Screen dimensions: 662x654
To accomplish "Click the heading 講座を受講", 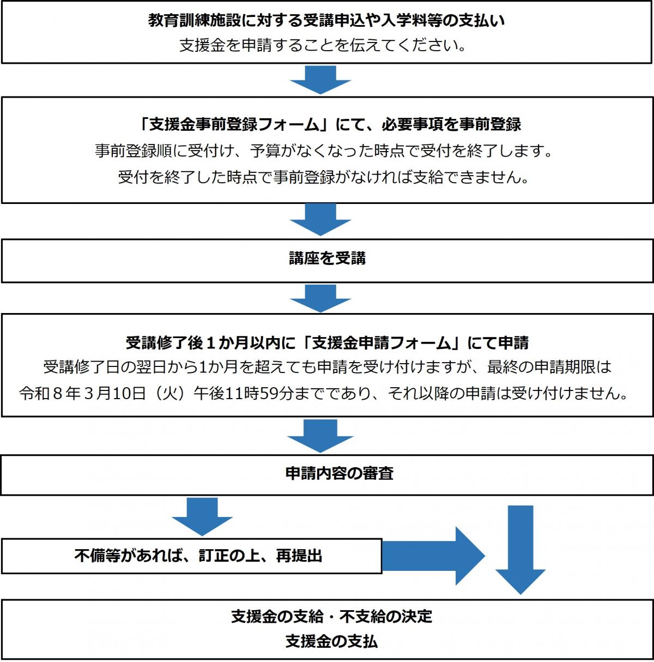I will [x=327, y=258].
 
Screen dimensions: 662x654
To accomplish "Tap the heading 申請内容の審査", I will [x=339, y=473].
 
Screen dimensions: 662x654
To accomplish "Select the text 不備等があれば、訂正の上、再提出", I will [x=198, y=556].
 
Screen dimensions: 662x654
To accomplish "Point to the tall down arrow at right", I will [x=520, y=548].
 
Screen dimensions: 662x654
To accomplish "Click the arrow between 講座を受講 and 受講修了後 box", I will [x=320, y=298].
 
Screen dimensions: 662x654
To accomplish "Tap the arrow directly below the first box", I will [x=320, y=80].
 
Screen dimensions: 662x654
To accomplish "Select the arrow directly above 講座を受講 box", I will [x=320, y=220].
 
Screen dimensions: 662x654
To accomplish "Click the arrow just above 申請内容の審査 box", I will [x=320, y=435].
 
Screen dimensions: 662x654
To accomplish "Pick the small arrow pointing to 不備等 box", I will [x=202, y=516].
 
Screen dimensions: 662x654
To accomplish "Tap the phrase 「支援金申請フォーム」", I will [x=381, y=342].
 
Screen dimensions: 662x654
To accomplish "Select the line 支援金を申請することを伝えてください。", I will [x=324, y=45].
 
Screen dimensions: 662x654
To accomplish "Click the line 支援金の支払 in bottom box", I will [x=331, y=641].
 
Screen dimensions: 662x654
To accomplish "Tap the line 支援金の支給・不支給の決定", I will [x=331, y=616].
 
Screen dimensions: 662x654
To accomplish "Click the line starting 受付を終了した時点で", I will [x=324, y=177].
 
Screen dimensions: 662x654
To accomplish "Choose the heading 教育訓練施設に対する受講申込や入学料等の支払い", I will [x=326, y=21].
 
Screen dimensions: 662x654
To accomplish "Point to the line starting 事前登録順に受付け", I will [x=324, y=151].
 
